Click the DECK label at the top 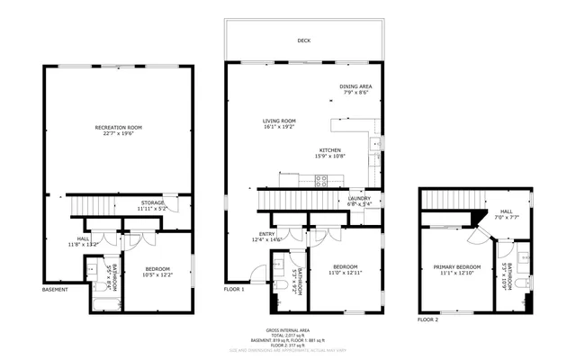(303, 40)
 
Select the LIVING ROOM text (279, 121)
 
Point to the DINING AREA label (355, 86)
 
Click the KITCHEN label (329, 150)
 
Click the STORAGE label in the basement (151, 203)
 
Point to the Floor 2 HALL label (505, 212)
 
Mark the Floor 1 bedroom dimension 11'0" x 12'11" (346, 272)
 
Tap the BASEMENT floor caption (55, 290)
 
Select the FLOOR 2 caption (428, 319)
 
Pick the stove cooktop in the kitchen (320, 179)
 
